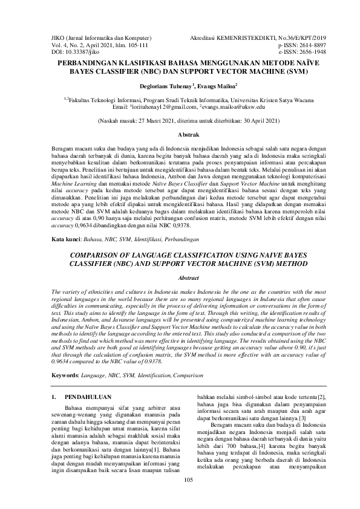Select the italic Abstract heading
(180, 277)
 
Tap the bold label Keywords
(65, 375)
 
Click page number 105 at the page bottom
(180, 497)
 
